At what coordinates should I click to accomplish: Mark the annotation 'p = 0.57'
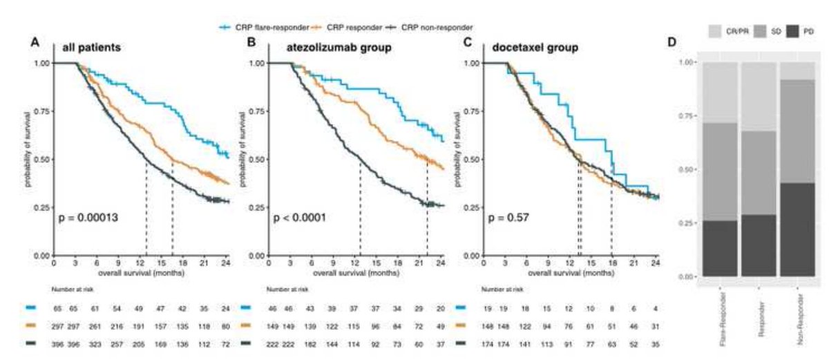coord(509,218)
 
